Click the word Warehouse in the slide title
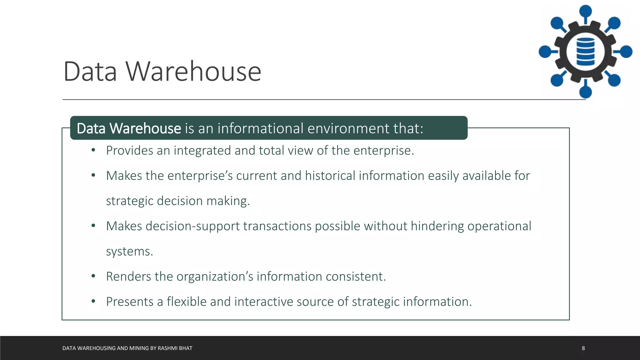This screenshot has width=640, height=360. tap(193, 72)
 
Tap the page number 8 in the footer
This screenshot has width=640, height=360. tap(583, 348)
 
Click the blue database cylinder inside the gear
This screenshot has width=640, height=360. tap(585, 52)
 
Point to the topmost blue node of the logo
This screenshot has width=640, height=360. tap(585, 11)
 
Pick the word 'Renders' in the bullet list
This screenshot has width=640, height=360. tap(128, 277)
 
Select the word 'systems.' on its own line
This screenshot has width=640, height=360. tap(129, 252)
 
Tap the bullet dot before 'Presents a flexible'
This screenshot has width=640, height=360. tap(93, 302)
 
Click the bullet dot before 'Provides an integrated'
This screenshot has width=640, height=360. tap(93, 151)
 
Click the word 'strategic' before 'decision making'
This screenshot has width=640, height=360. tap(130, 201)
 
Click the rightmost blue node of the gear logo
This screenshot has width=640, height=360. tap(626, 52)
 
